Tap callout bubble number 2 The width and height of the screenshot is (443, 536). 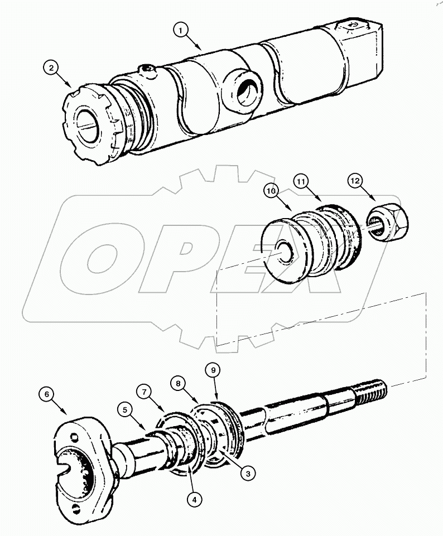tap(51, 69)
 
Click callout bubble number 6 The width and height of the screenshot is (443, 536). tap(47, 395)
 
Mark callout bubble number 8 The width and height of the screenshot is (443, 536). tap(179, 383)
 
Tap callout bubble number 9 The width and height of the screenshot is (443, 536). tap(212, 369)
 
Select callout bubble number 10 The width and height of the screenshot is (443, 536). tap(271, 191)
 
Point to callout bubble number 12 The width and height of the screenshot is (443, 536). tap(356, 181)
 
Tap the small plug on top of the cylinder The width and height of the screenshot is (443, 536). tap(148, 70)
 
